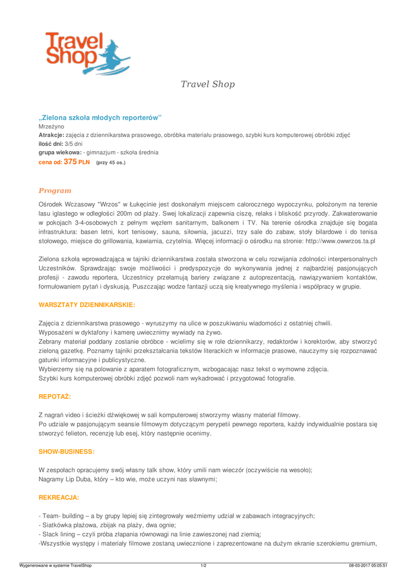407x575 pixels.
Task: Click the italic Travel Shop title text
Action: [x=207, y=84]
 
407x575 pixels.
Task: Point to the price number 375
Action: [x=70, y=161]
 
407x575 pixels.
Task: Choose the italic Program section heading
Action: [x=55, y=191]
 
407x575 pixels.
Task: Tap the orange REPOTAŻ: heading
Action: [x=55, y=396]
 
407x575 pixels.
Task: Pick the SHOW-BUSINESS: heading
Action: [x=66, y=451]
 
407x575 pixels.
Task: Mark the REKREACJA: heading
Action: [x=58, y=498]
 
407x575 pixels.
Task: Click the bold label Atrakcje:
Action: [x=51, y=136]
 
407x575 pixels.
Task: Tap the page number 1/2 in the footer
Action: [x=203, y=564]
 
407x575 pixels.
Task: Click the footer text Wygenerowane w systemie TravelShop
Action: [x=55, y=564]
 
